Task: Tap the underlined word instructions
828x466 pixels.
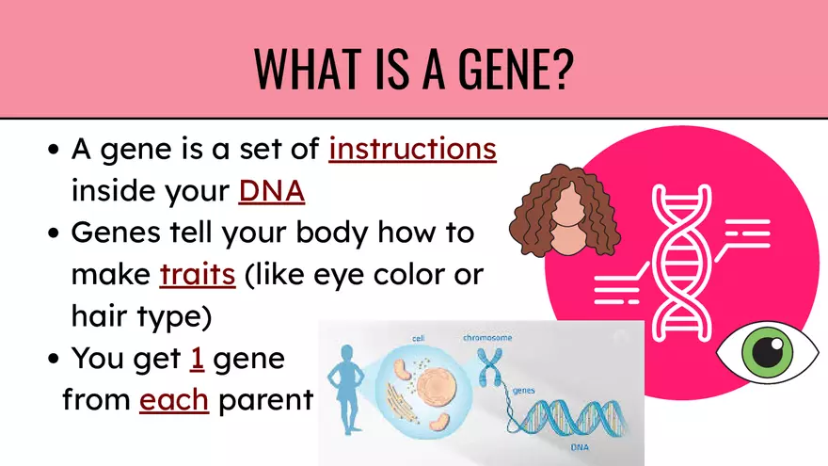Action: click(412, 151)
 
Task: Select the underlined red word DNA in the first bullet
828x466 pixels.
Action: click(272, 191)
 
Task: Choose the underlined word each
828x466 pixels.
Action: click(173, 400)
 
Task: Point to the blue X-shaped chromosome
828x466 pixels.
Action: click(489, 367)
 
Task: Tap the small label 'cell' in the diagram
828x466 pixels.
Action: click(418, 338)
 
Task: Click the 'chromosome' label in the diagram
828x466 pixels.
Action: click(486, 336)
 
